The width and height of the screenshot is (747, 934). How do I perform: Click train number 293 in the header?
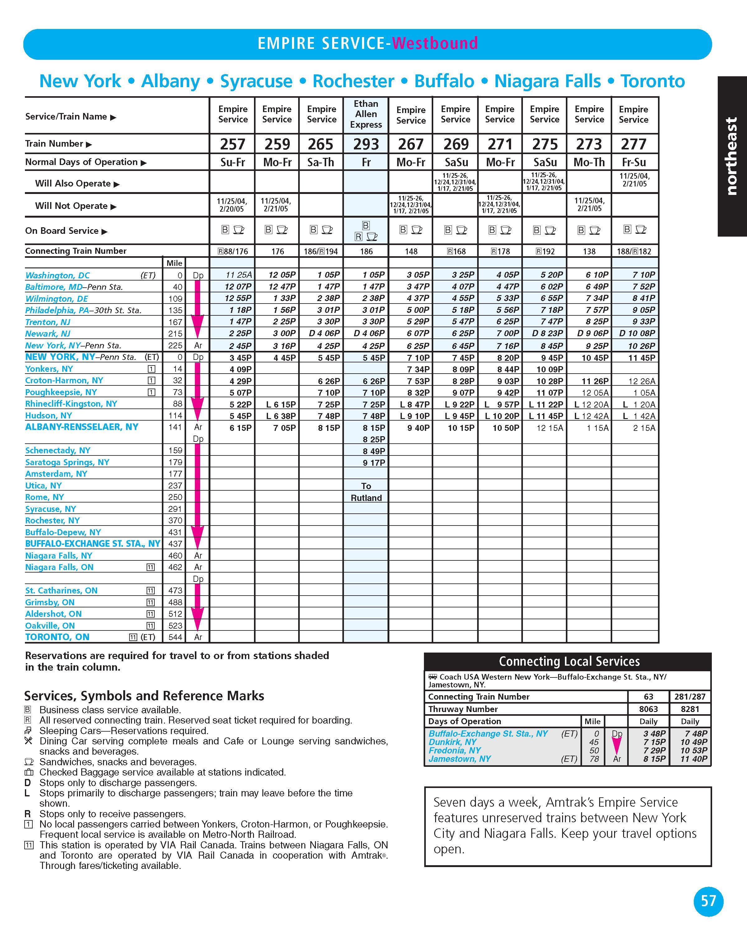click(x=366, y=144)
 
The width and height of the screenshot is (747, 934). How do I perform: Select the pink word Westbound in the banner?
click(x=435, y=43)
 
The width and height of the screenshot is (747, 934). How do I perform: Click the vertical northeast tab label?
click(x=731, y=156)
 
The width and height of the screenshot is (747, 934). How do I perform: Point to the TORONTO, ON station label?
click(x=57, y=637)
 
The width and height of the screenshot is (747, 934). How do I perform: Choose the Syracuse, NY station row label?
click(x=51, y=509)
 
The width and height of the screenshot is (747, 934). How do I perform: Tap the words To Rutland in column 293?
click(x=366, y=492)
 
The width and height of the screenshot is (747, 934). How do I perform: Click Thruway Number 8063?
click(x=648, y=709)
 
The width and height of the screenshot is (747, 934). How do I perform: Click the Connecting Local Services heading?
click(x=569, y=661)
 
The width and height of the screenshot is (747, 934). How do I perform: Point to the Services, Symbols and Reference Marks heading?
click(x=144, y=696)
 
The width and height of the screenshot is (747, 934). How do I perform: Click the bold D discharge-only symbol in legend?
click(x=28, y=782)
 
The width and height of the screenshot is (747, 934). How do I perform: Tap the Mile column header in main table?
click(x=175, y=263)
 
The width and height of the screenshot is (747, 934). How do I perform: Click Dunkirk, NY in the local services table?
click(x=453, y=742)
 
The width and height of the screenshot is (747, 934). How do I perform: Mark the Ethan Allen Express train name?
click(x=366, y=114)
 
